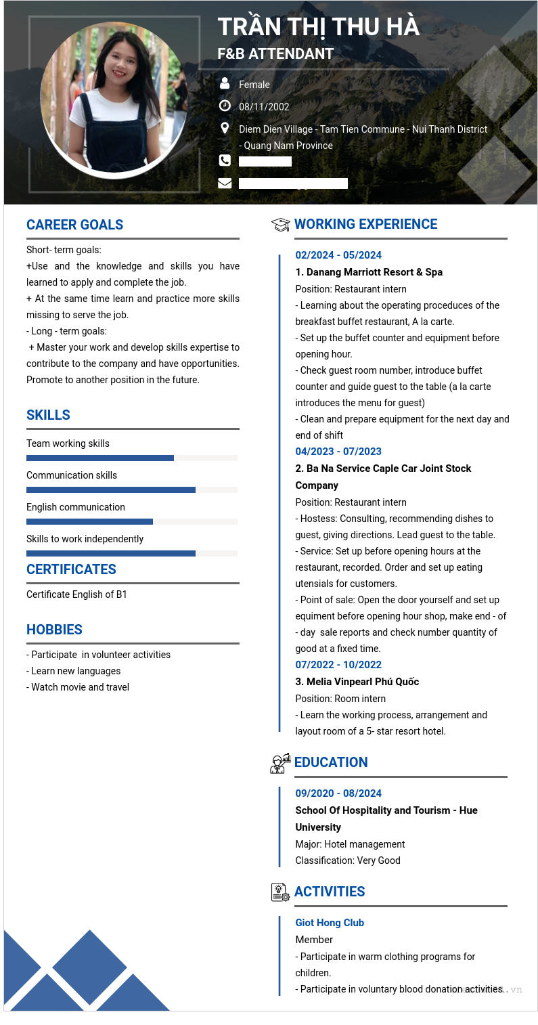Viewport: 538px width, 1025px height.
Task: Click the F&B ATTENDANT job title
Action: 275,54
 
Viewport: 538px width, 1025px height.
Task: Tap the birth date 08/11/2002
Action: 264,107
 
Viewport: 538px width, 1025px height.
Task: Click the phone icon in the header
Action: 225,160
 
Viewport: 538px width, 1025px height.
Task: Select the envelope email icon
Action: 225,183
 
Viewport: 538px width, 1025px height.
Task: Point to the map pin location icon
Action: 225,128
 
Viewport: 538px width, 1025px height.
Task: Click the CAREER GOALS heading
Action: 74,225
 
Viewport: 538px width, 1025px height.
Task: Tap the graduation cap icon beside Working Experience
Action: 280,225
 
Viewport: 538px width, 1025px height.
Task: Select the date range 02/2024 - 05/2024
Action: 338,255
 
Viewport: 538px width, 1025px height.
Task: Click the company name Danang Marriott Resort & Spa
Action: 369,272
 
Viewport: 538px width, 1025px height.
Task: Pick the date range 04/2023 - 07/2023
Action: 338,452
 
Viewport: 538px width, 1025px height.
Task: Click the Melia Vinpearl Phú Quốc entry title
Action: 357,682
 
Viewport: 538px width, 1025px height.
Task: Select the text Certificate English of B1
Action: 76,594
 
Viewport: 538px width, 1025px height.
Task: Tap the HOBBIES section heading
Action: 54,630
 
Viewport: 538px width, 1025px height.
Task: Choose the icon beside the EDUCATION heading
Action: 280,763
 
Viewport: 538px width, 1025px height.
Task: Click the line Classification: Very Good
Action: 348,860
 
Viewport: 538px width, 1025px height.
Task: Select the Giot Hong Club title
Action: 330,923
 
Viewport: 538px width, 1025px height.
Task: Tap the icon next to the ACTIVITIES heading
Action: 280,892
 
